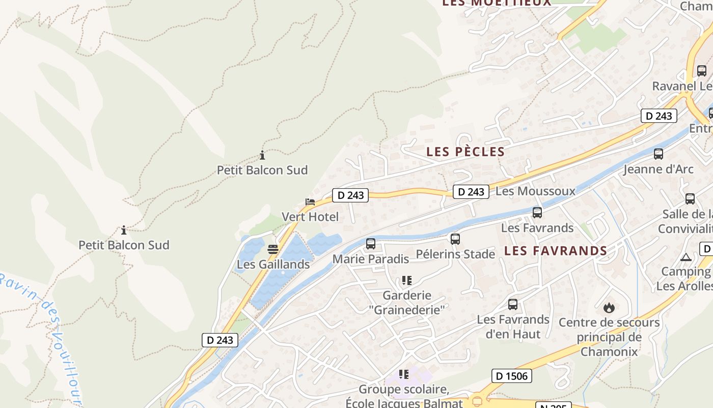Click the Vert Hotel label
tap(310, 217)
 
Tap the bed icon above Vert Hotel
tap(310, 202)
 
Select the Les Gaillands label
tap(273, 264)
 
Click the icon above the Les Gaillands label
tap(273, 249)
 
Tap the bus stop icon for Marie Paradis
tap(371, 244)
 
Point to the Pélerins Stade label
tap(455, 253)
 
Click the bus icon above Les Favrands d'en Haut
tap(513, 304)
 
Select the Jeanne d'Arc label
tap(659, 169)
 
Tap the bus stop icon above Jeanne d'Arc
tap(659, 154)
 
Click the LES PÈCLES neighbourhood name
tap(465, 151)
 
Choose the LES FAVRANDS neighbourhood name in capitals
tap(556, 251)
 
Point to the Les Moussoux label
tap(535, 191)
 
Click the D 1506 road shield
tap(512, 376)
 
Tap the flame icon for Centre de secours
tap(609, 308)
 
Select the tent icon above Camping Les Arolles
tap(686, 258)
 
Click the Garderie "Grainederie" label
tap(407, 302)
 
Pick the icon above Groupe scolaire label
tap(404, 374)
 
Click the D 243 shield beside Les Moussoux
tap(471, 192)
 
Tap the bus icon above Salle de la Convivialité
tap(690, 199)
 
